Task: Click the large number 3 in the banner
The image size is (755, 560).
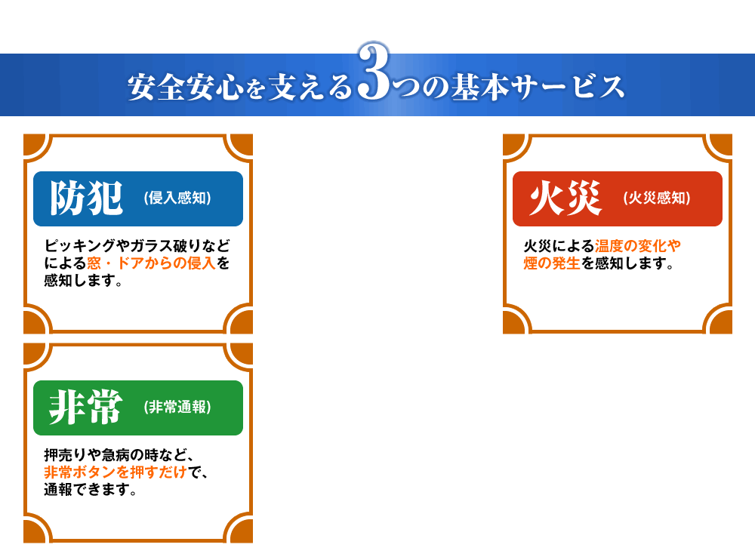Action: (374, 72)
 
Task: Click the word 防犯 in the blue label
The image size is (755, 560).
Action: (86, 198)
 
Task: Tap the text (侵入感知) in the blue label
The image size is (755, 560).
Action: (177, 198)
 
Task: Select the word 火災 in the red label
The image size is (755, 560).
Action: (565, 198)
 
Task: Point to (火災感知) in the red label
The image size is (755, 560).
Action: (657, 198)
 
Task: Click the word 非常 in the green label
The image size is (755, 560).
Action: (86, 408)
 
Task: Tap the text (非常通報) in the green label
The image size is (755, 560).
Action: (177, 408)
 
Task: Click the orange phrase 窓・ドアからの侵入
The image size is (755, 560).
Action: (151, 263)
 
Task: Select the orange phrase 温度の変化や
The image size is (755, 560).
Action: (638, 246)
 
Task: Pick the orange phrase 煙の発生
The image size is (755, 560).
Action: (552, 263)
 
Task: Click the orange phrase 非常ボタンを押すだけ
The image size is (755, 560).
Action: (116, 472)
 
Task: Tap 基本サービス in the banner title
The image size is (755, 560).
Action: (538, 87)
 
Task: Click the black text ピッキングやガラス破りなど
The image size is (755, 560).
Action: (137, 246)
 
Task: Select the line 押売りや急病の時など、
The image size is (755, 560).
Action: (119, 455)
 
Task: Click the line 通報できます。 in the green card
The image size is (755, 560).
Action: (91, 489)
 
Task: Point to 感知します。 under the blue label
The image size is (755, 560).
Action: (83, 280)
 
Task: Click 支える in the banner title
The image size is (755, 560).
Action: (310, 87)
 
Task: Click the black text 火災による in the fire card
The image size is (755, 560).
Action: (559, 246)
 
